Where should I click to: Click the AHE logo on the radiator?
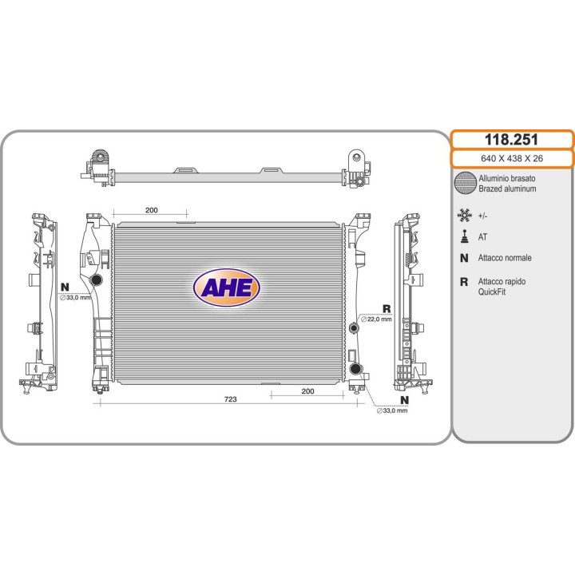click(226, 287)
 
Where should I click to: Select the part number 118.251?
click(511, 139)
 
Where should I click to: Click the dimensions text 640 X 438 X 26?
click(512, 158)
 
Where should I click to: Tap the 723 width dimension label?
click(230, 399)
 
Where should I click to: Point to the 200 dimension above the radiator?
click(152, 210)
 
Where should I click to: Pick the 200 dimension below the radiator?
click(307, 391)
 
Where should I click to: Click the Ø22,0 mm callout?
click(376, 319)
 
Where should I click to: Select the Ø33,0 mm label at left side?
click(75, 297)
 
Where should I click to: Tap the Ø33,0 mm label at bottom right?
click(392, 410)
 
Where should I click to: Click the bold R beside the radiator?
click(387, 309)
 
